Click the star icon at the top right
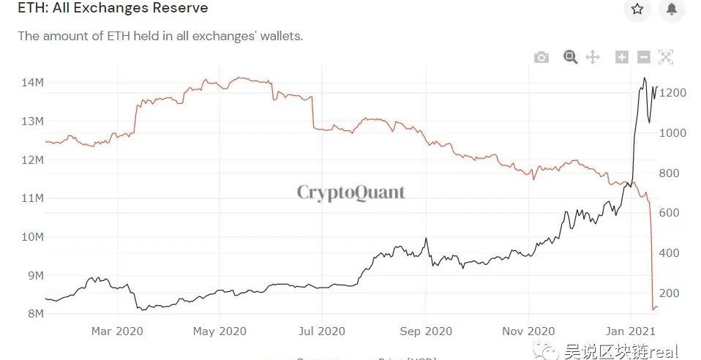click(637, 9)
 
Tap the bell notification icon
click(672, 9)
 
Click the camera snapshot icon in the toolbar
click(541, 57)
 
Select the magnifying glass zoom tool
click(571, 57)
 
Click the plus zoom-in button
click(622, 57)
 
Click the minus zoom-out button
click(644, 57)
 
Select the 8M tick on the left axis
click(33, 314)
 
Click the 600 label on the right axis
click(674, 213)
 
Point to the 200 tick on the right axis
click(674, 293)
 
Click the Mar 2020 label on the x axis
click(116, 331)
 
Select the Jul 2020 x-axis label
click(323, 331)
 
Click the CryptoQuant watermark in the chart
click(350, 192)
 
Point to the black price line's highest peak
click(645, 78)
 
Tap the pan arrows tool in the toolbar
click(593, 57)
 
